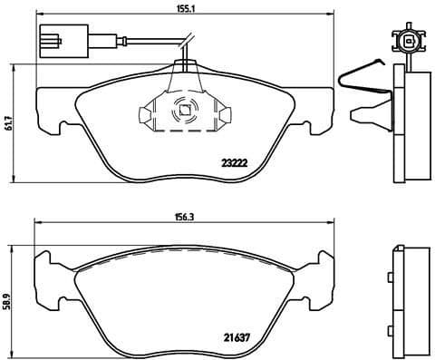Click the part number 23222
point(236,163)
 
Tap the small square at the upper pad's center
point(184,112)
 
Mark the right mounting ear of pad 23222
point(319,110)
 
